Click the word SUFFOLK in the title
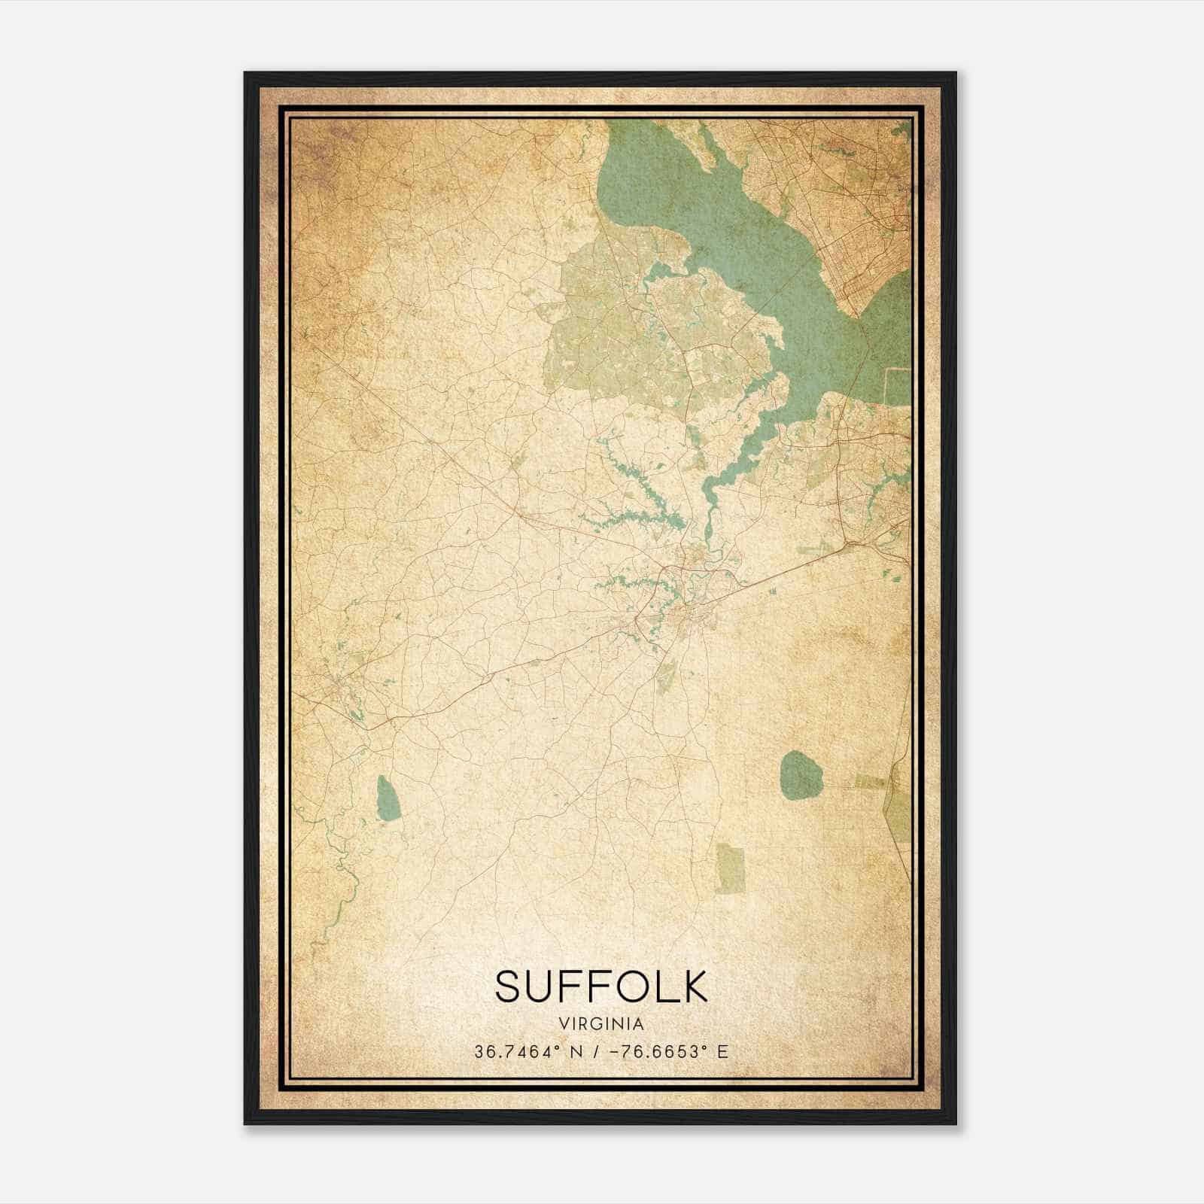[601, 986]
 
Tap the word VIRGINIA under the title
[601, 1024]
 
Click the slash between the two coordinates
[595, 1052]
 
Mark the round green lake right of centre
[802, 775]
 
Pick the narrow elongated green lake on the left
[387, 798]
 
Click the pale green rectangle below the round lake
[729, 868]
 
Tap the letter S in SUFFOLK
[508, 986]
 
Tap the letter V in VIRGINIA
[564, 1024]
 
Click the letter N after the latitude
[576, 1052]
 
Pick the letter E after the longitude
[723, 1052]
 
